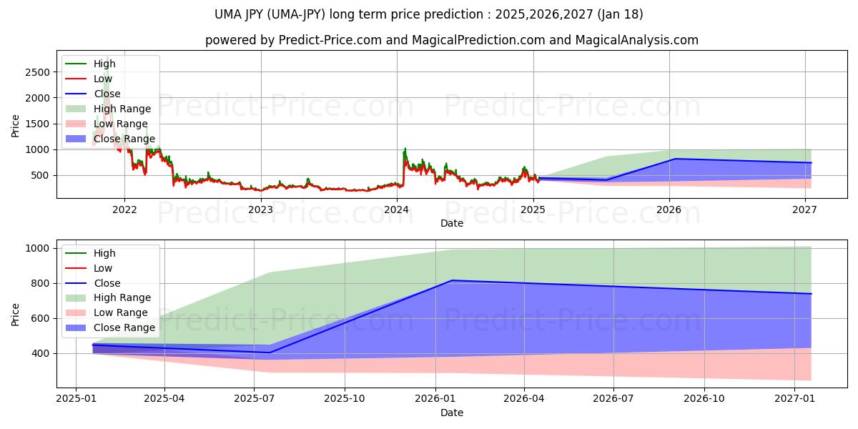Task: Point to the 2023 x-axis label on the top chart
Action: click(260, 209)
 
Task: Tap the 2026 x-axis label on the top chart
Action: click(669, 209)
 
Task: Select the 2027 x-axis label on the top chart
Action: click(805, 209)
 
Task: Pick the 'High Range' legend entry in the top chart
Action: click(122, 109)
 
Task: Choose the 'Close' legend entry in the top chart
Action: click(107, 94)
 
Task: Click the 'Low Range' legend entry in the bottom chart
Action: click(121, 312)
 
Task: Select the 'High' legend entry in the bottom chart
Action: click(104, 253)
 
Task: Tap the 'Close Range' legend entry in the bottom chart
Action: click(124, 327)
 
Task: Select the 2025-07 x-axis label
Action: click(255, 399)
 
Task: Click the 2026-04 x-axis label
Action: click(524, 399)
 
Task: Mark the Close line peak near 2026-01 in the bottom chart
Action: click(452, 280)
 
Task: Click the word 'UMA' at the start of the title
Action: click(228, 14)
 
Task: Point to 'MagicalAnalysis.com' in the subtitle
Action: click(642, 40)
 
